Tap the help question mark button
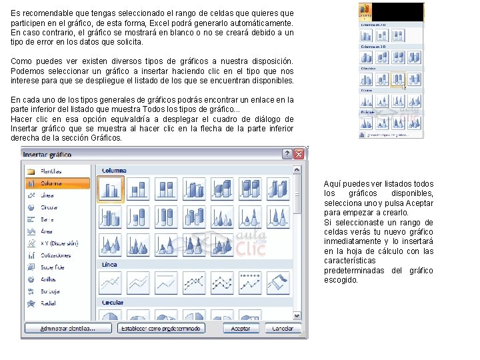tap(287, 154)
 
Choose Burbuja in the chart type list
tap(50, 291)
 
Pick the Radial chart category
tap(49, 303)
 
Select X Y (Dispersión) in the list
tap(59, 243)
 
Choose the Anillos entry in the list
tap(49, 279)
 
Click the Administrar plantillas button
tap(67, 329)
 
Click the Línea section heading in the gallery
tap(109, 265)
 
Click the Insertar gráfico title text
tap(52, 154)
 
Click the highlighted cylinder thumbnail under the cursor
tap(399, 79)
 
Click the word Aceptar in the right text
tap(419, 203)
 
